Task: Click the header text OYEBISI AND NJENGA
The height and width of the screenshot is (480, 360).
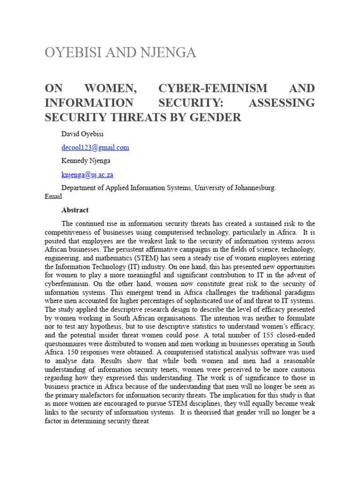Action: pyautogui.click(x=120, y=53)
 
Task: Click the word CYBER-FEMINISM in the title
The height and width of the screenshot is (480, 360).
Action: pyautogui.click(x=207, y=89)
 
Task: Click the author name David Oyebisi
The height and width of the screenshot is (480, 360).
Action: pyautogui.click(x=83, y=134)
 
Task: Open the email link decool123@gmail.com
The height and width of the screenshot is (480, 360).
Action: pyautogui.click(x=95, y=147)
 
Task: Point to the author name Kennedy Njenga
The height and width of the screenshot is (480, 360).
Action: pyautogui.click(x=87, y=161)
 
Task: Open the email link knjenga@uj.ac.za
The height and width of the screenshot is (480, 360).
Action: pyautogui.click(x=88, y=175)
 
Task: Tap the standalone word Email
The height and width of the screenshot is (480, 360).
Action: pyautogui.click(x=53, y=197)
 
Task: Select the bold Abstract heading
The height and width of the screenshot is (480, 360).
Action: pyautogui.click(x=75, y=210)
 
